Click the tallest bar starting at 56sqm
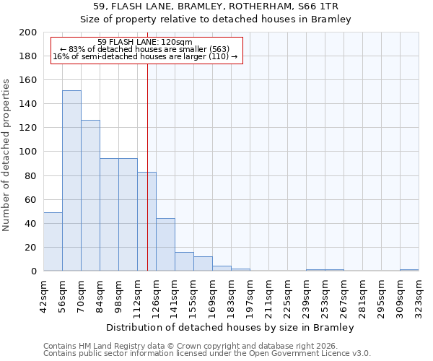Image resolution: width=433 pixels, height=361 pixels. (71, 180)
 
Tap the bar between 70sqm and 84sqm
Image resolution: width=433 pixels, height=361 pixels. (90, 196)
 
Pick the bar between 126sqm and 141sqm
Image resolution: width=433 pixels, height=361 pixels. (165, 245)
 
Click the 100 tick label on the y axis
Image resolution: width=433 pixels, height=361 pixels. (28, 152)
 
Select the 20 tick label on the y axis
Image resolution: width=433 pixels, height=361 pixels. (31, 248)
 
